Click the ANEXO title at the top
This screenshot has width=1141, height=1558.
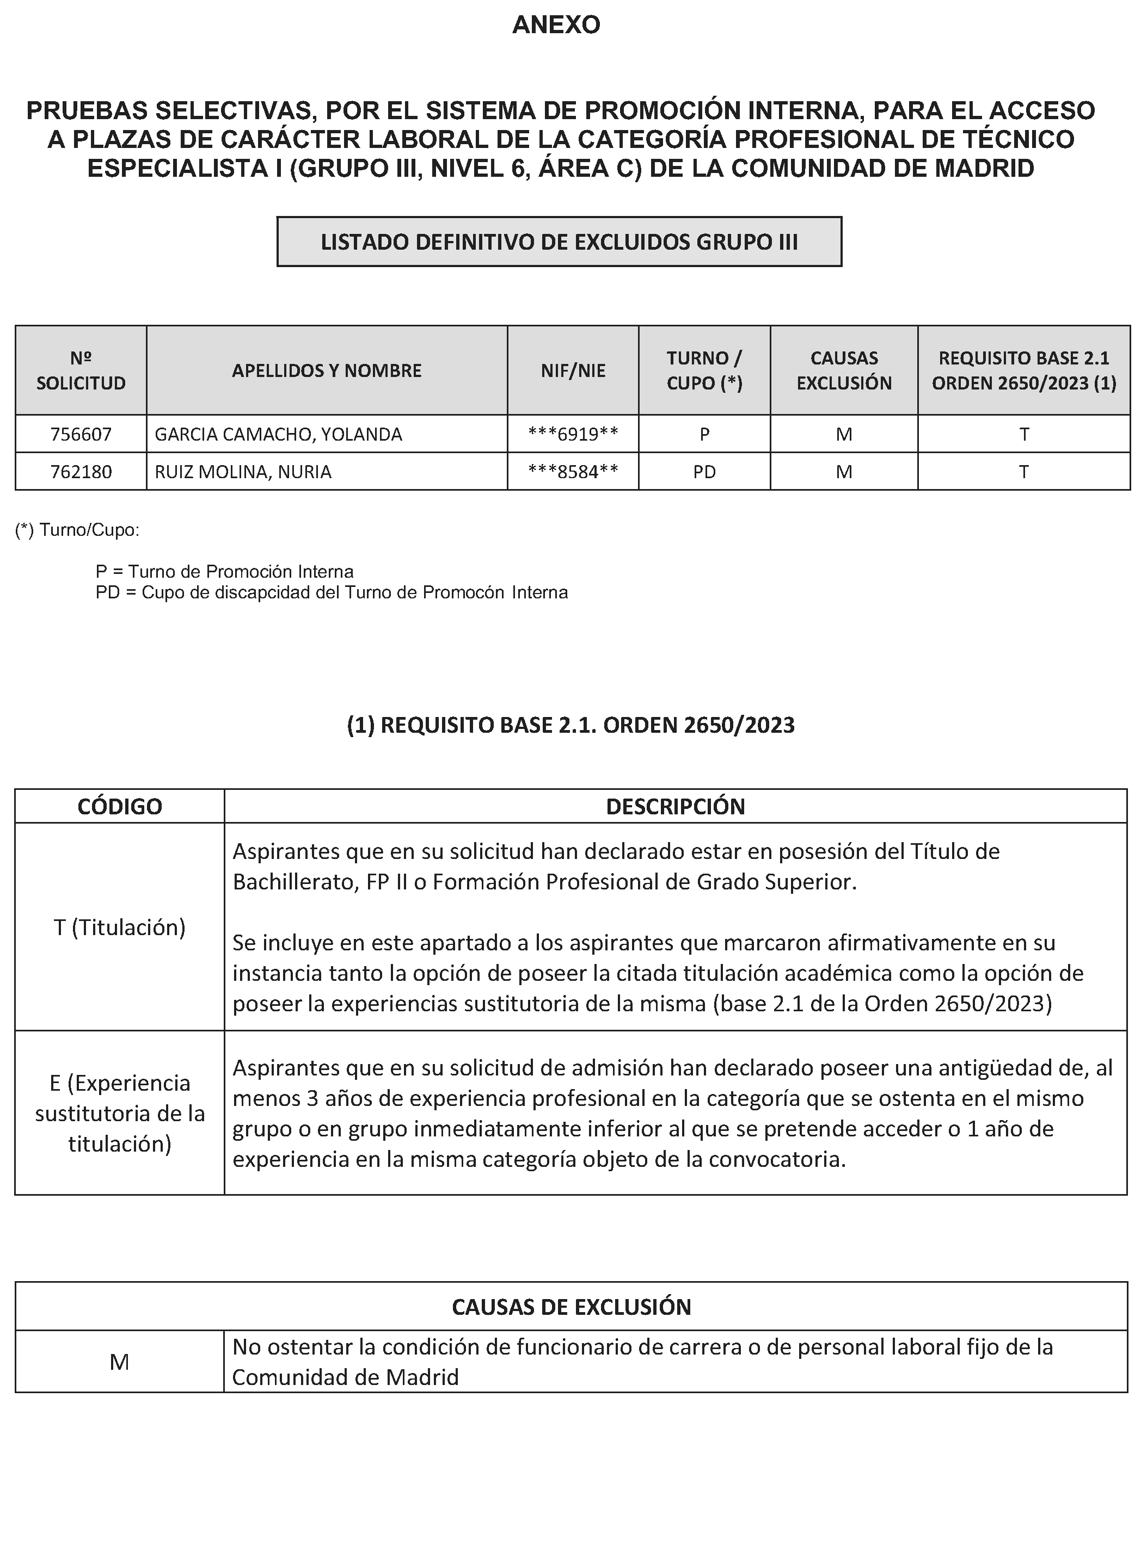tap(556, 26)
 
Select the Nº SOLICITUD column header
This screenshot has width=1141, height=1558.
tap(81, 370)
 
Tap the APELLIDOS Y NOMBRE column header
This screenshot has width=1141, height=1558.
tap(327, 370)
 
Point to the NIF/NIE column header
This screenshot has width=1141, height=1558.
tap(573, 370)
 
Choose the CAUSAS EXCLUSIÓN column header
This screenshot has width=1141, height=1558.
tap(843, 370)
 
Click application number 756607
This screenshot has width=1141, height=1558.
tap(81, 434)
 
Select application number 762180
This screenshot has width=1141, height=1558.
tap(81, 472)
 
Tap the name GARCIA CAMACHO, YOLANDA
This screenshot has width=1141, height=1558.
tap(278, 434)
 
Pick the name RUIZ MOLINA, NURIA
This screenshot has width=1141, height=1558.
tap(243, 472)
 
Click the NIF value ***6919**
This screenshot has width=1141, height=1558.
tap(573, 434)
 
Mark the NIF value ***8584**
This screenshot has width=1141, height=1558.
tap(573, 472)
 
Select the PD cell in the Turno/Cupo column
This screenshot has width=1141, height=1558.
tap(704, 472)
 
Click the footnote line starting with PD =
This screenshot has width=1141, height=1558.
tap(332, 592)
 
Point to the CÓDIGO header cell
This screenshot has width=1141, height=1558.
tap(119, 806)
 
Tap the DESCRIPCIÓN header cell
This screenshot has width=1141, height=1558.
tap(675, 806)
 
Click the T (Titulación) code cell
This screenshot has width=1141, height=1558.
tap(119, 927)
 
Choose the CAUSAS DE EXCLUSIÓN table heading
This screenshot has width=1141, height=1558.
tap(571, 1307)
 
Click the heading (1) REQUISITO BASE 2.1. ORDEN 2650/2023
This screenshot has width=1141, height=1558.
tap(570, 725)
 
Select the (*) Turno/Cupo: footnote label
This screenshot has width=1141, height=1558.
tap(77, 530)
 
